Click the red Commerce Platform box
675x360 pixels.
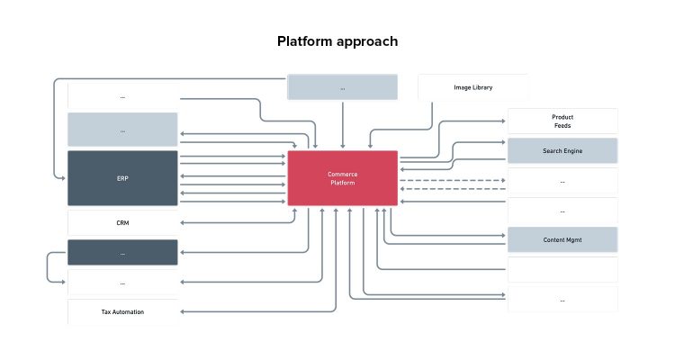(x=342, y=178)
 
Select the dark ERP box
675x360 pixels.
(x=122, y=178)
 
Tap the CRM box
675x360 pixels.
(x=122, y=222)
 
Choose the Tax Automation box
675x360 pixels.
(x=122, y=311)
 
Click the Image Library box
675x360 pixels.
(x=472, y=87)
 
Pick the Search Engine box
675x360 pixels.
(x=562, y=150)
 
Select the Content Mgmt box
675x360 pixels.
(x=562, y=239)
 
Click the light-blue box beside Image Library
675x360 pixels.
(x=342, y=87)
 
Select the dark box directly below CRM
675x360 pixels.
(x=122, y=252)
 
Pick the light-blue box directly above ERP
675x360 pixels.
(x=122, y=130)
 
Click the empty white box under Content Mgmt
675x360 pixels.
(x=562, y=269)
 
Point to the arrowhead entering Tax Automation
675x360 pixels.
(x=183, y=311)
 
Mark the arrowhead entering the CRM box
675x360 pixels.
(x=183, y=222)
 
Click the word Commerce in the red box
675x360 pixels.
(x=342, y=174)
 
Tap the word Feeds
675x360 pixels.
(x=562, y=126)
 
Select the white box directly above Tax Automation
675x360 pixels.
(x=122, y=283)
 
